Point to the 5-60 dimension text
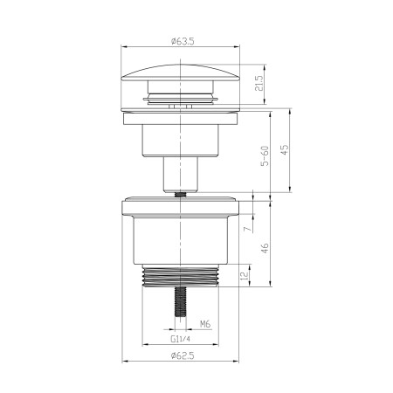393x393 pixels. tap(262, 158)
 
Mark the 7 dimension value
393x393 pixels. tap(247, 229)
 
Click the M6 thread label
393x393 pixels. tap(204, 323)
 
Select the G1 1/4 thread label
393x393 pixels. tap(181, 340)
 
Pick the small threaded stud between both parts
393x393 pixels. tap(182, 194)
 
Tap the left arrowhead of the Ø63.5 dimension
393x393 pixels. tap(125, 47)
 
